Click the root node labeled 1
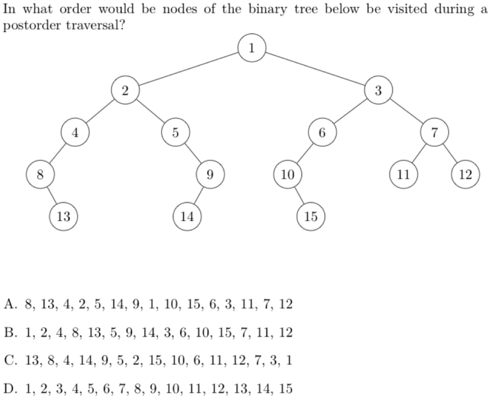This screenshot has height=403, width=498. click(251, 48)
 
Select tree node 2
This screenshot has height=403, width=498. click(125, 90)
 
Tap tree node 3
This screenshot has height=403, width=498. click(378, 90)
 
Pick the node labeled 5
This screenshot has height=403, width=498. click(175, 132)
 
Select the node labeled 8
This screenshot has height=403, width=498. click(40, 174)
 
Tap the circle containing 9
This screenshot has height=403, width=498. click(210, 174)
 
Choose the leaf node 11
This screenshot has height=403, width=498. click(403, 174)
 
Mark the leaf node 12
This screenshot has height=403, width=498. click(465, 174)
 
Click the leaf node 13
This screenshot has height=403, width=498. click(63, 216)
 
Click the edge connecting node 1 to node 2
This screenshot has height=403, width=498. click(188, 69)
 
